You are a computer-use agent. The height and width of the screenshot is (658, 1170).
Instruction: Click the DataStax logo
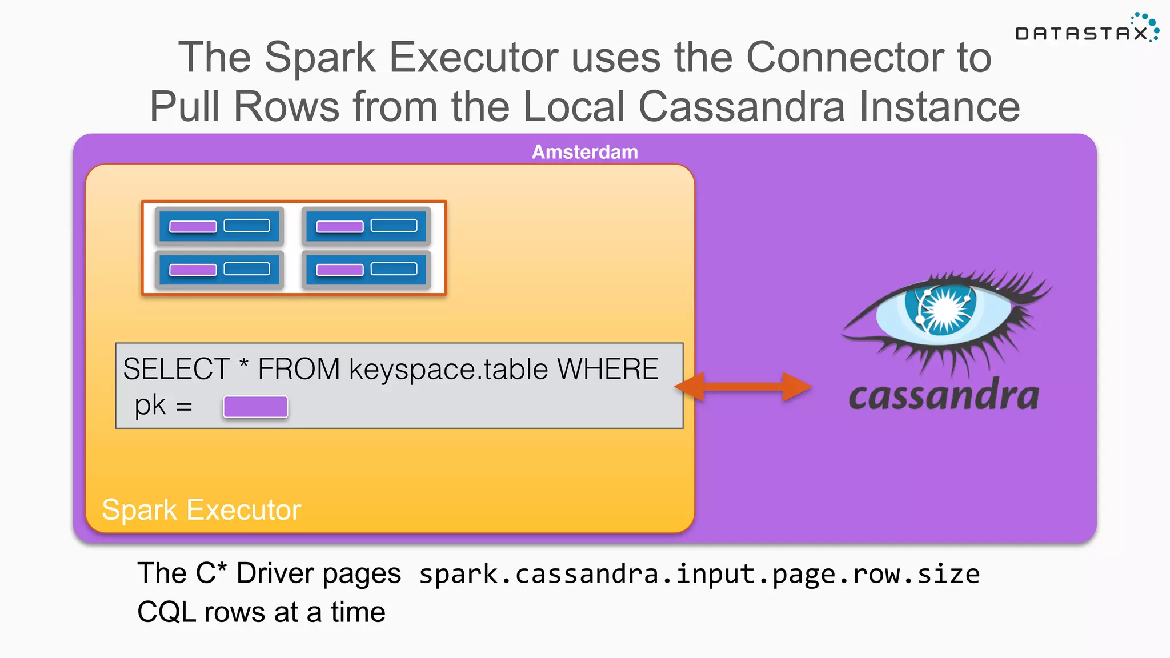pyautogui.click(x=1085, y=31)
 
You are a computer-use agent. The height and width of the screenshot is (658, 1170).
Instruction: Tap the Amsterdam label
pyautogui.click(x=584, y=152)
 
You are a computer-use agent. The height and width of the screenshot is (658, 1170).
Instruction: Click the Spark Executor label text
pyautogui.click(x=201, y=509)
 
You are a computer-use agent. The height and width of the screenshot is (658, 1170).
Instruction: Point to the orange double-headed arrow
pyautogui.click(x=743, y=387)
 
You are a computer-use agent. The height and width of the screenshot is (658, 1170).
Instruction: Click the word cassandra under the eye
pyautogui.click(x=943, y=395)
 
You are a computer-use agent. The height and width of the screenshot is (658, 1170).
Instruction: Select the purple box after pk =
pyautogui.click(x=255, y=407)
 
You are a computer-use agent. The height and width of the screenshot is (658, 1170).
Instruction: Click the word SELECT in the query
pyautogui.click(x=175, y=369)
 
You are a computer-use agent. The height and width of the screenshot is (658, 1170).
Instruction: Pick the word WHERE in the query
pyautogui.click(x=607, y=369)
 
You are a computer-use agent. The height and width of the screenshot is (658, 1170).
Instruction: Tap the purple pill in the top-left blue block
pyautogui.click(x=193, y=226)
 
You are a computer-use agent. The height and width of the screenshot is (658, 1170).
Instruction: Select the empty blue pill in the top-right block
pyautogui.click(x=394, y=226)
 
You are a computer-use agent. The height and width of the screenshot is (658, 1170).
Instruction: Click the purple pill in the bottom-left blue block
pyautogui.click(x=193, y=270)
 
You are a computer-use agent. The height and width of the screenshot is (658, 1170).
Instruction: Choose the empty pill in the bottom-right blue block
pyautogui.click(x=394, y=269)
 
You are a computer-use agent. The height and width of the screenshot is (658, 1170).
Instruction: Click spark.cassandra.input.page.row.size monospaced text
pyautogui.click(x=699, y=575)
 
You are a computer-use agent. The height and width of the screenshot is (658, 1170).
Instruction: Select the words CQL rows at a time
pyautogui.click(x=261, y=612)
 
